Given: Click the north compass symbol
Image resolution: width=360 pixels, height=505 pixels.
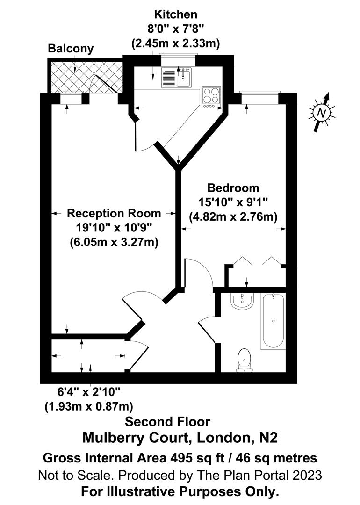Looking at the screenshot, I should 321,113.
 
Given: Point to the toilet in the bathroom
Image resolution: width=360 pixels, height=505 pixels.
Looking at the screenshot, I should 245,360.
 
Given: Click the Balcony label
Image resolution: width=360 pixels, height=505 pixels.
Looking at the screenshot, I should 71,49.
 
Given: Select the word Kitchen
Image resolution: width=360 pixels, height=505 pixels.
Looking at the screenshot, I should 177,14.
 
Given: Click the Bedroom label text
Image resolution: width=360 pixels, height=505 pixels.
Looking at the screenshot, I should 233,188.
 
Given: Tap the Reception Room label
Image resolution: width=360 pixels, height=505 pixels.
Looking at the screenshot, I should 114,213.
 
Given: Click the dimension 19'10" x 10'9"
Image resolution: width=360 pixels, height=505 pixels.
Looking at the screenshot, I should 114,228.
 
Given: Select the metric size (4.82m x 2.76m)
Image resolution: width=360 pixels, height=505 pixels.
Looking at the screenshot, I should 233,217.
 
